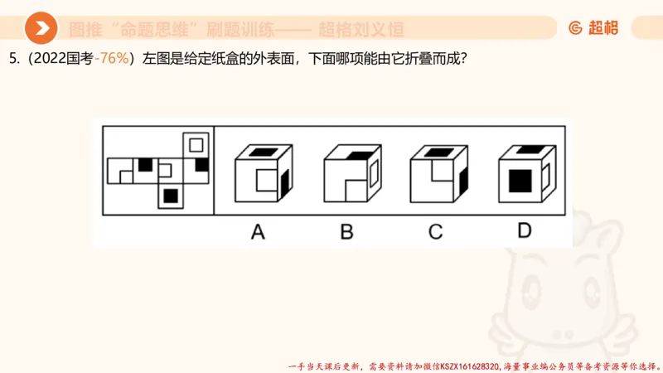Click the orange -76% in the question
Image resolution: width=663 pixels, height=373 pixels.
114,60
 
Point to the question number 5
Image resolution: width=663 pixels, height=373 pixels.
12,60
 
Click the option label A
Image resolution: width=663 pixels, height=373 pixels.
258,231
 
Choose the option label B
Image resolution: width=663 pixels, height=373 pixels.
346,231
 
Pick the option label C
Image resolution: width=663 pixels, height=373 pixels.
435,231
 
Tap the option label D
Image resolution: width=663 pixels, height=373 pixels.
524,231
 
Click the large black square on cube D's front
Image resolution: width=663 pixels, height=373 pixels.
520,180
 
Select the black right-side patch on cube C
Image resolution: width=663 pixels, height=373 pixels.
462,177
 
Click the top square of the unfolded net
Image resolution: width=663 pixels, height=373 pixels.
196,144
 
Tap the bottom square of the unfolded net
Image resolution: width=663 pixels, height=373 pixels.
171,196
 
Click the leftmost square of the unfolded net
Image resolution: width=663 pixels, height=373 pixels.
120,171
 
